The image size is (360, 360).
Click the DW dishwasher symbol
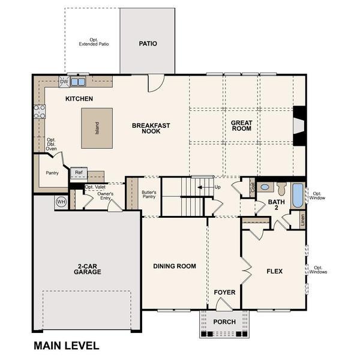[x=64, y=82]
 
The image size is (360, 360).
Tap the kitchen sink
[x=78, y=82]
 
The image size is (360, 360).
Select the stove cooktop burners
[x=40, y=112]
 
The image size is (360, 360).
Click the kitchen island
[x=97, y=128]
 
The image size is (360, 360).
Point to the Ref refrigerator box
[x=79, y=173]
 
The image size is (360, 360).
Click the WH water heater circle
[x=61, y=202]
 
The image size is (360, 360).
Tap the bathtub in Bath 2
[x=298, y=196]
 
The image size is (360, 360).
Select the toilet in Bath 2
[x=281, y=188]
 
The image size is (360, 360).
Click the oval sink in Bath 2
[x=265, y=187]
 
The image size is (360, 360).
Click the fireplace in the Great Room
[x=299, y=126]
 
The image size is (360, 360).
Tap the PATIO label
[x=148, y=44]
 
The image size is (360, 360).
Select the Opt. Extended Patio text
[x=94, y=42]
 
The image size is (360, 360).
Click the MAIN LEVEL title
[x=67, y=346]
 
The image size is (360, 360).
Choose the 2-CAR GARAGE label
[x=87, y=269]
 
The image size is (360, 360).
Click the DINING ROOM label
[x=175, y=266]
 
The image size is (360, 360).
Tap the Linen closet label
[x=302, y=220]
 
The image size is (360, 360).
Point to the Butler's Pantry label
[x=149, y=194]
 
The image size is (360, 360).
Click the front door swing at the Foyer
[x=224, y=304]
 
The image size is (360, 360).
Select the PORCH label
[x=224, y=322]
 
